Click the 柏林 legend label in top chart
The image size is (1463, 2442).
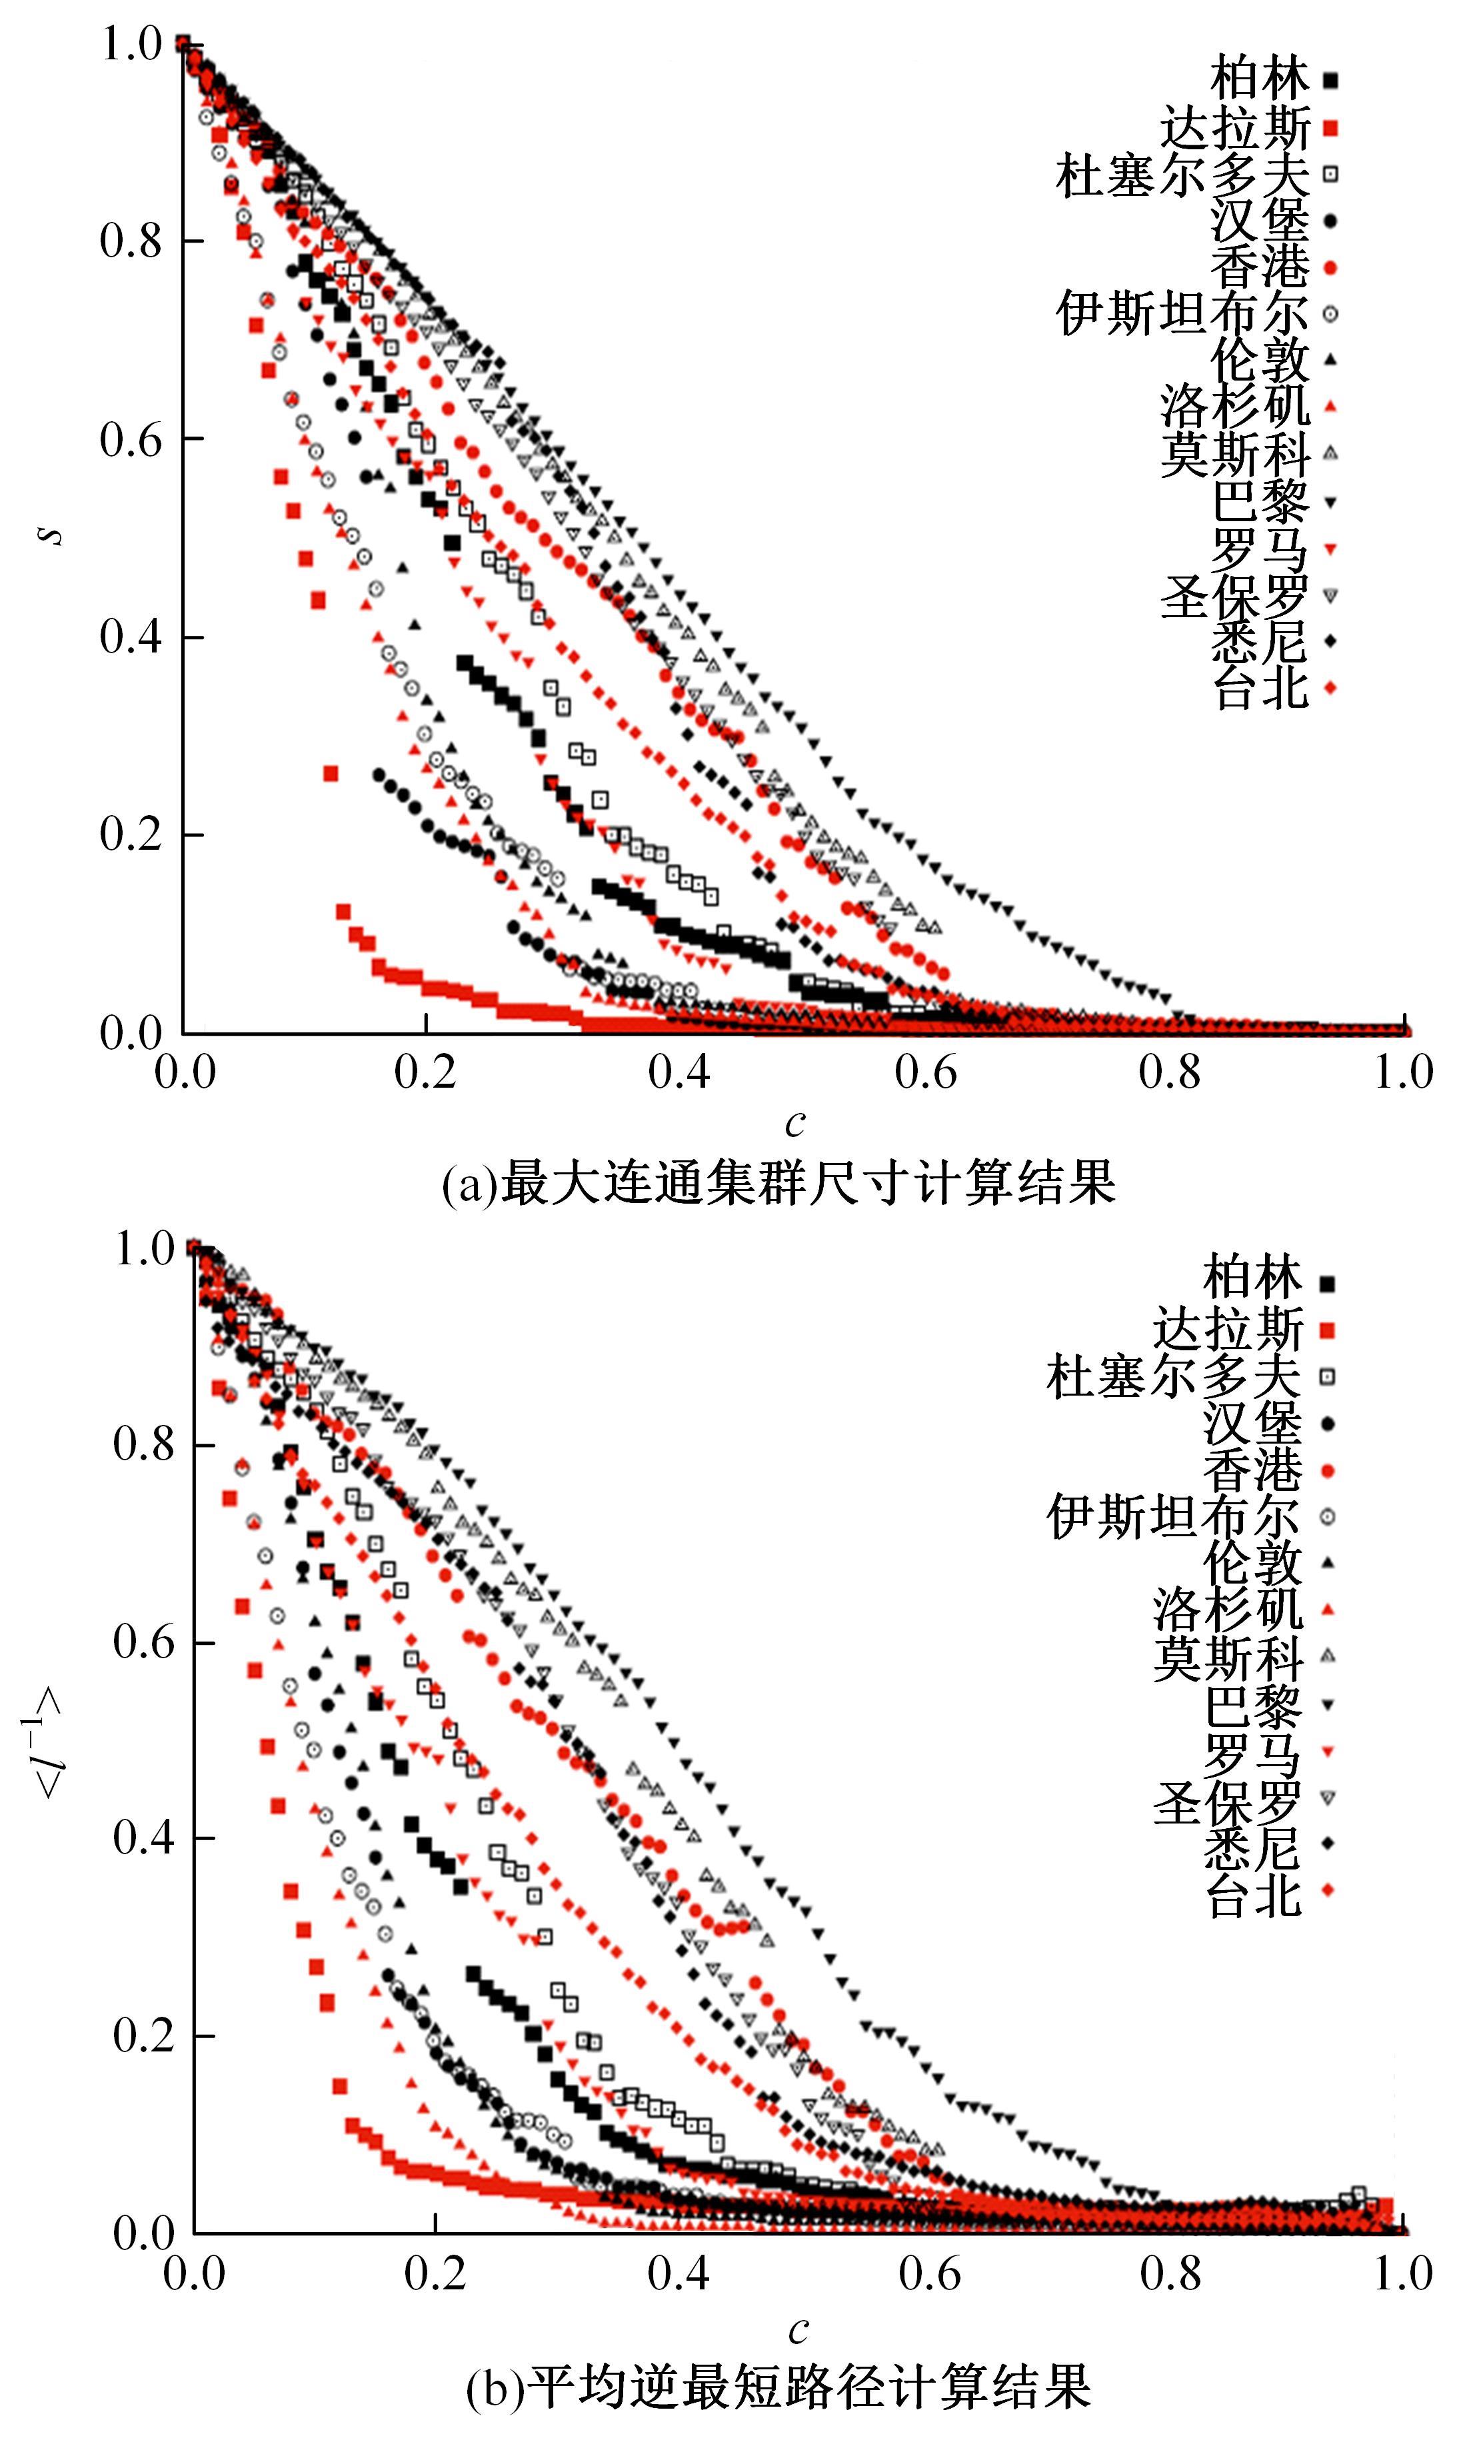[1259, 79]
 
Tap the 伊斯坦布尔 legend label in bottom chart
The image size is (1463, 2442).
[1173, 1516]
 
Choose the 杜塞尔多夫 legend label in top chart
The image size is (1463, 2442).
[1182, 173]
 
